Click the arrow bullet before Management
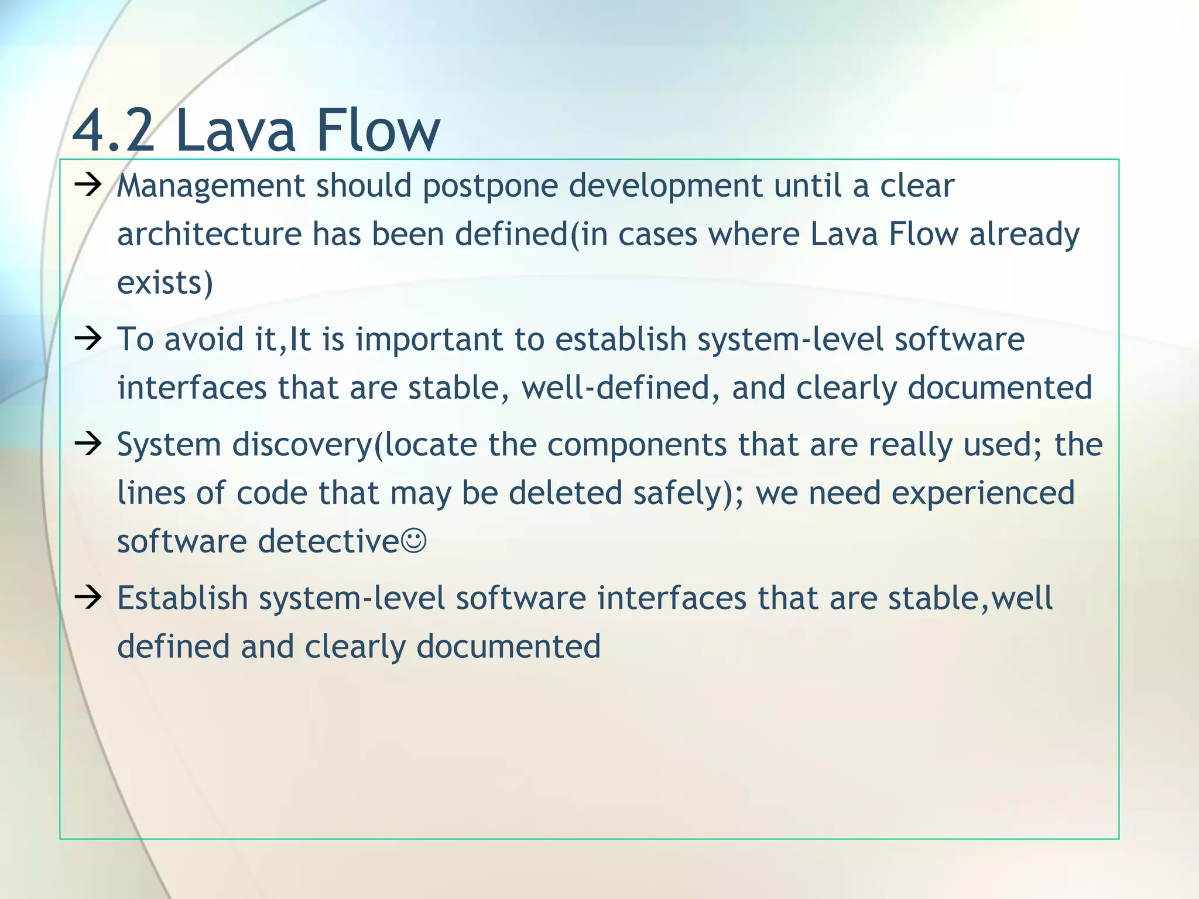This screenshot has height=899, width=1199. coord(88,186)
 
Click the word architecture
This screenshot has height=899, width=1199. coord(209,235)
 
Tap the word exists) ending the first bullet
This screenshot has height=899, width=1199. coord(165,283)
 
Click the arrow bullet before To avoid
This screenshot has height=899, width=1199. coord(88,339)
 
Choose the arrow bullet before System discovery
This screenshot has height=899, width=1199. coord(88,444)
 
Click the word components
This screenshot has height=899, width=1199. coord(637,445)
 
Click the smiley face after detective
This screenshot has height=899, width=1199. coord(414,541)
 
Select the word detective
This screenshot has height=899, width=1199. coord(328,541)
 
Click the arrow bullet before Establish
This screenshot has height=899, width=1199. coord(88,598)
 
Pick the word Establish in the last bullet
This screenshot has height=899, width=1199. coord(183,599)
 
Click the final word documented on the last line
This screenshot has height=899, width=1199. coord(508,647)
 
